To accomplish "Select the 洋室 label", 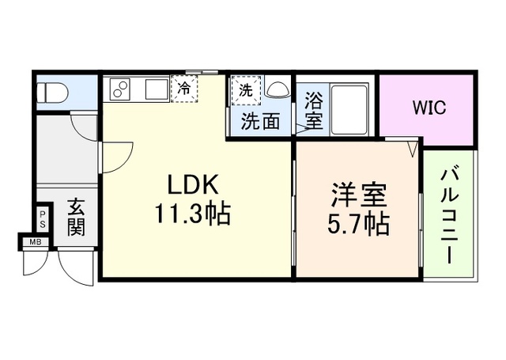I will pyautogui.click(x=358, y=195).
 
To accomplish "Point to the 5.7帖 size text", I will pyautogui.click(x=358, y=225).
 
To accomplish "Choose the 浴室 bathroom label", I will pyautogui.click(x=313, y=111).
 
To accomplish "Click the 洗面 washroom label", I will pyautogui.click(x=260, y=122).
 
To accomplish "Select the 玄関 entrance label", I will pyautogui.click(x=76, y=217).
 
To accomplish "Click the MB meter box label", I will pyautogui.click(x=36, y=242).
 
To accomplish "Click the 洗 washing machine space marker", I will pyautogui.click(x=246, y=90).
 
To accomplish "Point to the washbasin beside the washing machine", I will pyautogui.click(x=277, y=89).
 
